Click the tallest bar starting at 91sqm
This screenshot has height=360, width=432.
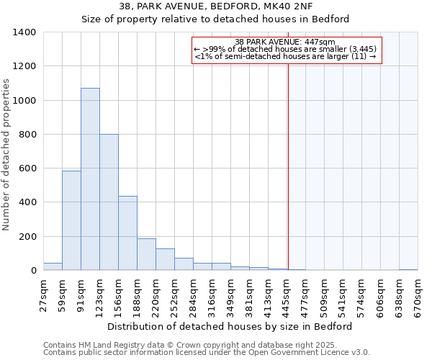[90, 179]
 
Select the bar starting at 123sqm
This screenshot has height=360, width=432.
[109, 202]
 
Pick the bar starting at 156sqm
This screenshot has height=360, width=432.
[127, 233]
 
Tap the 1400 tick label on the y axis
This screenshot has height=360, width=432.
[24, 32]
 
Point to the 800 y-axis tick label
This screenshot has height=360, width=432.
[27, 135]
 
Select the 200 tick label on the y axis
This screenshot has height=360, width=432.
[27, 237]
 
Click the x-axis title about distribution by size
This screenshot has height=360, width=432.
[229, 327]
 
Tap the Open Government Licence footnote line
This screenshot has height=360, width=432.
[207, 353]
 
